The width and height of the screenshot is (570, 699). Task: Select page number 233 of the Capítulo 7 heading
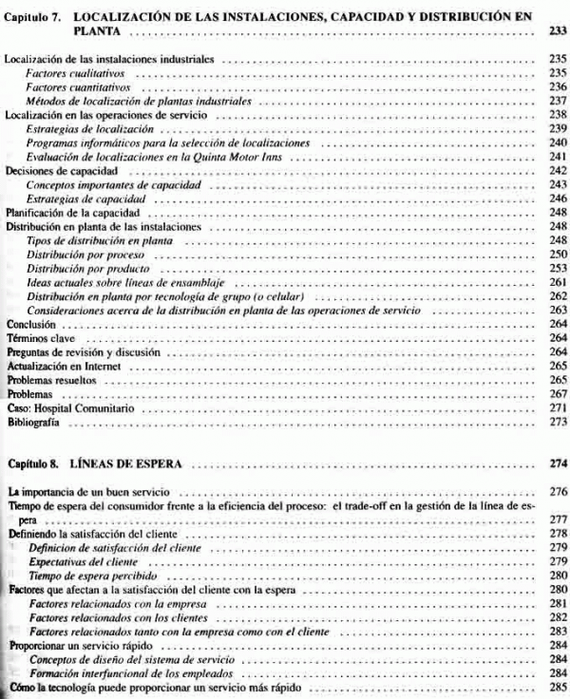point(558,31)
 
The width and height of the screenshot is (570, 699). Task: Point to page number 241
point(558,157)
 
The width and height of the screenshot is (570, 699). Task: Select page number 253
point(558,269)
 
